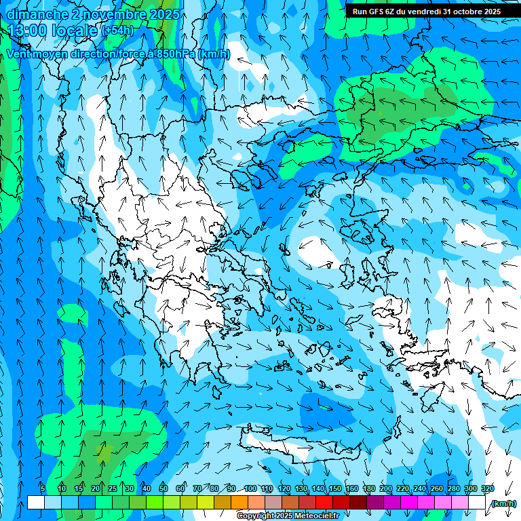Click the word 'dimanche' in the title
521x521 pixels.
coord(38,14)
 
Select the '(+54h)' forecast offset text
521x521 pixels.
coord(117,31)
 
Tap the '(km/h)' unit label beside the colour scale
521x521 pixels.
coord(503,503)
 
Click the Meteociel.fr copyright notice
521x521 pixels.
coord(288,516)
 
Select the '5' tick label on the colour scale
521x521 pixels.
coord(43,488)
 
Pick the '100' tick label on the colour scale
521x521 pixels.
coord(250,488)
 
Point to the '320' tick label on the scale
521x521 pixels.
coord(487,488)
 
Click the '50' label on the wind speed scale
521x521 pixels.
coord(163,488)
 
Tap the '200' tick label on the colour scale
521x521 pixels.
coord(385,488)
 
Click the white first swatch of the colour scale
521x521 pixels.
coord(36,503)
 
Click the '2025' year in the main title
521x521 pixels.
coord(164,14)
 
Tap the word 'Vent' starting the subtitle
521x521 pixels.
coord(20,54)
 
